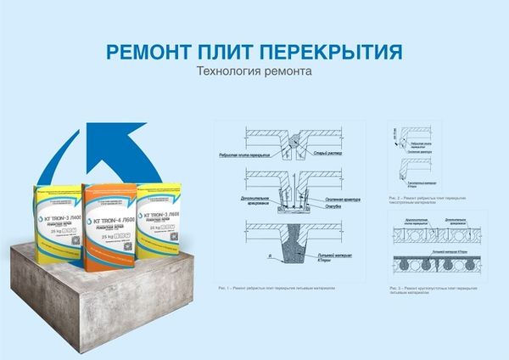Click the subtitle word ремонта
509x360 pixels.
284,73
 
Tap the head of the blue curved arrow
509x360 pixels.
88,137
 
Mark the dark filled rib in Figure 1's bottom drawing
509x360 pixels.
295,239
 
